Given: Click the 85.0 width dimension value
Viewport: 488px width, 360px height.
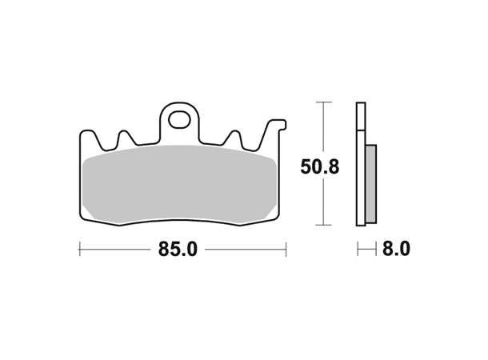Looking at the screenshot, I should click(177, 250).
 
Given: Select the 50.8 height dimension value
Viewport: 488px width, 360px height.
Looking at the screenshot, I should click(320, 166).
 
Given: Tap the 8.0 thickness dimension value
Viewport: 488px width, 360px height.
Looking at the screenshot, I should click(396, 250).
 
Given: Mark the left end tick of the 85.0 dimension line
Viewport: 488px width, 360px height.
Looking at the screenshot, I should click(79, 250).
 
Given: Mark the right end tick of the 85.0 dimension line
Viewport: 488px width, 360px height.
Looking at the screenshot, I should click(286, 250).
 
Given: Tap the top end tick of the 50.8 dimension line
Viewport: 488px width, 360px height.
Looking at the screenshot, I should click(322, 102).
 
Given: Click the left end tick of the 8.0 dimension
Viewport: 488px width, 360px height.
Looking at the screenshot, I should click(358, 250).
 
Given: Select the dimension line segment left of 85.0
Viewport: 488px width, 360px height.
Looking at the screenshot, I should click(116, 250).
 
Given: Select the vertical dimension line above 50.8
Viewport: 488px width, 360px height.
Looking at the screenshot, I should click(322, 128).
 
